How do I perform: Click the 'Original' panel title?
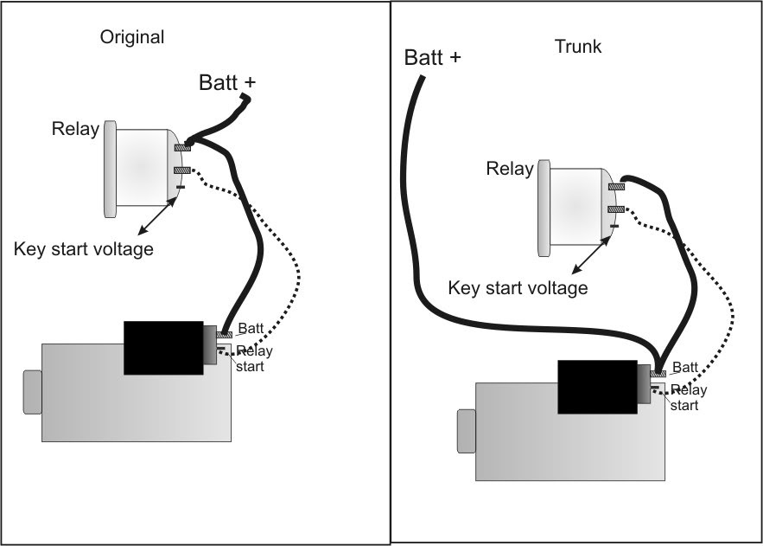131,37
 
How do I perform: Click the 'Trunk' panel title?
577,47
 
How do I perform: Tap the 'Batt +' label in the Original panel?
227,83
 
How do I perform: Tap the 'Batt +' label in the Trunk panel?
433,58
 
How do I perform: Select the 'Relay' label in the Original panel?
75,130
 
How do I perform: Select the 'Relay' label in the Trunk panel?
510,169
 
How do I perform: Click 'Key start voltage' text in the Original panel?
84,249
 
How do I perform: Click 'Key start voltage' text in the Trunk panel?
518,287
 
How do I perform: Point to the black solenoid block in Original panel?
163,347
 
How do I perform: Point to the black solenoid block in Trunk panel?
597,387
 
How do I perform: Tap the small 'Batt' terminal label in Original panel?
251,330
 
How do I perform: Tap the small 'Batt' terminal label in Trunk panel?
684,368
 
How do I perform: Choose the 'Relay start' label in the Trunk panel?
688,397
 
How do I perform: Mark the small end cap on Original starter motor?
33,391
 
